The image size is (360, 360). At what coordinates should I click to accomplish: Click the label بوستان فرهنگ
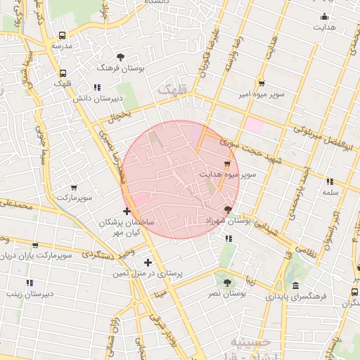point(122,69)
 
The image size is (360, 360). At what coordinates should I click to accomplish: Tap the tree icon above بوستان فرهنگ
point(121,57)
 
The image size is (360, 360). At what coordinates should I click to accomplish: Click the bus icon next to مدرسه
point(63,35)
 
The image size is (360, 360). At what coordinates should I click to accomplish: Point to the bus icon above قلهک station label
point(63,73)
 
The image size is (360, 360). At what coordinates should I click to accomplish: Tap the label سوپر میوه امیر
point(262,94)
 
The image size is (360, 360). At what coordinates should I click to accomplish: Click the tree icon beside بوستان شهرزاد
point(227,210)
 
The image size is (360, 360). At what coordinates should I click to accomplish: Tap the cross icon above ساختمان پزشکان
point(127,211)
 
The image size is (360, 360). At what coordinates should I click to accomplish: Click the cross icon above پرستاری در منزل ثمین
point(148,262)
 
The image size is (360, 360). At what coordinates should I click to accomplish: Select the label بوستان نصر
point(226,292)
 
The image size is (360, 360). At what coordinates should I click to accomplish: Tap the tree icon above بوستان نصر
point(226,282)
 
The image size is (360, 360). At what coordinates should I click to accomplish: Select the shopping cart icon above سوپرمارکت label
point(74,188)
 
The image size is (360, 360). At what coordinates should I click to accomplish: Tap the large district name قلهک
point(174,91)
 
